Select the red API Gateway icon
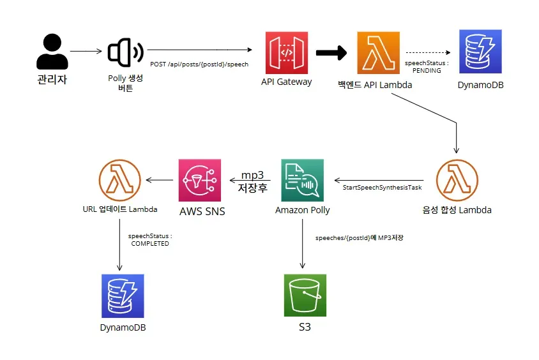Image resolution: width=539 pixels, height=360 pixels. [286, 52]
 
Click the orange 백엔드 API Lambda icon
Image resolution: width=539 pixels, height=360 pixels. [379, 53]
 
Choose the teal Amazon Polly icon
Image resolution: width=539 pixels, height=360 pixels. [302, 180]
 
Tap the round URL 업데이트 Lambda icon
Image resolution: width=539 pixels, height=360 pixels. [120, 180]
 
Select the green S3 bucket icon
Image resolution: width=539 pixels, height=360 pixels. [305, 295]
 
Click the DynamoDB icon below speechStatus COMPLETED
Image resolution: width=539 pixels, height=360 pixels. [123, 296]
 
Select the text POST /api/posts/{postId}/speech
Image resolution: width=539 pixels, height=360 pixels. [199, 64]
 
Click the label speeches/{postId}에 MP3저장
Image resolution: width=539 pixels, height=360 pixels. [360, 237]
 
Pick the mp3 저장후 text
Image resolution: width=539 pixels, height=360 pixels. [252, 181]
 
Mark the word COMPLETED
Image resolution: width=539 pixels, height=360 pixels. [150, 243]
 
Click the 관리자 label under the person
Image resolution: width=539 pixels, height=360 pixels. [52, 80]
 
